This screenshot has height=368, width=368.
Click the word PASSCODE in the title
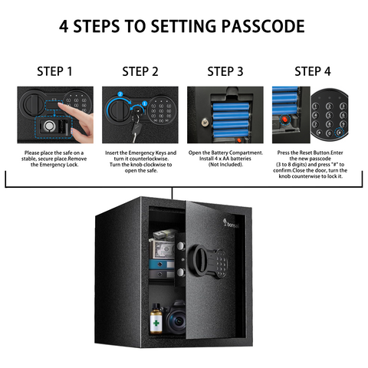tap(263, 26)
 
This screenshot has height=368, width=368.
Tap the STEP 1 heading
tap(54, 71)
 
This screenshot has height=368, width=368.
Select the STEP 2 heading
tap(140, 71)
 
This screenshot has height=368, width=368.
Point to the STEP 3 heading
tap(225, 71)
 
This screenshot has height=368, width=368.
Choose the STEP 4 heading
tap(313, 71)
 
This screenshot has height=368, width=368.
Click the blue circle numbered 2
tap(120, 94)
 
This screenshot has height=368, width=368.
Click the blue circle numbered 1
tap(145, 103)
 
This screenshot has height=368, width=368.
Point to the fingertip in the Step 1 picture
tap(61, 105)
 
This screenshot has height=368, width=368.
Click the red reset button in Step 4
tap(284, 119)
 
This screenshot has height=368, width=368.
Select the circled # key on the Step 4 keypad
tap(340, 133)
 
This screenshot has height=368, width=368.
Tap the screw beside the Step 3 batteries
tap(205, 123)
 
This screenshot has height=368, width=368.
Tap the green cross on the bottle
tap(156, 323)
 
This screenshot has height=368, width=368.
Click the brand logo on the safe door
tap(231, 224)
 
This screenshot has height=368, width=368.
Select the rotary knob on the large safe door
tap(199, 260)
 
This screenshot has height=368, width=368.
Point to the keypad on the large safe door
tap(222, 264)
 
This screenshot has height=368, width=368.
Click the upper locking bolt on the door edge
tap(181, 246)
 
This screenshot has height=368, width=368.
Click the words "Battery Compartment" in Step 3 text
tap(237, 153)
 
